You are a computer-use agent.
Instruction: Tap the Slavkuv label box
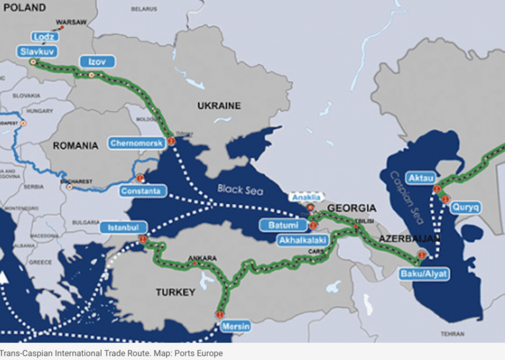pyautogui.click(x=37, y=50)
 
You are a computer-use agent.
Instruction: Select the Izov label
pyautogui.click(x=97, y=62)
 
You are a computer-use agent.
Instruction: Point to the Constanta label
pyautogui.click(x=140, y=192)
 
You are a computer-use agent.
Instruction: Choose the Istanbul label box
pyautogui.click(x=123, y=228)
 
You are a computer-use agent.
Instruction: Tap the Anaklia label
pyautogui.click(x=307, y=197)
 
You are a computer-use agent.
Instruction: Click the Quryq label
pyautogui.click(x=465, y=207)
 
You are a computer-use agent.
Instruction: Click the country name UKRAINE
pyautogui.click(x=219, y=105)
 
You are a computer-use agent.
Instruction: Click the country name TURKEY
pyautogui.click(x=175, y=292)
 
